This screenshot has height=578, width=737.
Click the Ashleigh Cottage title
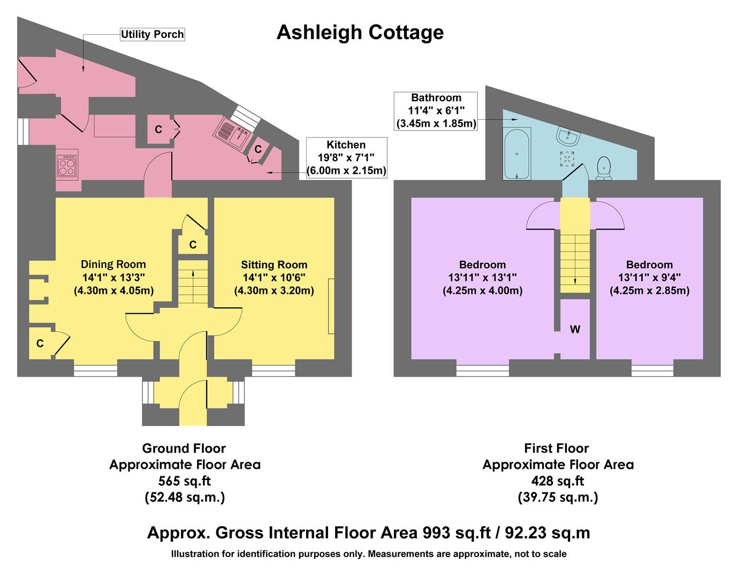[360, 33]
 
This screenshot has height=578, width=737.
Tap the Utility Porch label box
[152, 35]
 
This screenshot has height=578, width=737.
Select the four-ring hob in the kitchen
[67, 165]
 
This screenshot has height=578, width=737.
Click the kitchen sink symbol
[233, 134]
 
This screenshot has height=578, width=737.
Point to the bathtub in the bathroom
[517, 154]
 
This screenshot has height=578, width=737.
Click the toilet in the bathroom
[604, 167]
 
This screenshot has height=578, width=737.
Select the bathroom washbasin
[567, 137]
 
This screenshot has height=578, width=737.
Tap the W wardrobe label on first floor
[575, 330]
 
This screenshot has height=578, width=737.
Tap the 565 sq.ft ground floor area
[185, 481]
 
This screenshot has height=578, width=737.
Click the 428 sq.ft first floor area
[557, 481]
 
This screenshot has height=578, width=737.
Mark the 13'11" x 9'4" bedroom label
[649, 277]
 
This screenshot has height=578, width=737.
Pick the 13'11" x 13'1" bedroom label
[482, 277]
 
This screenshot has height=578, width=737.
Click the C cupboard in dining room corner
[40, 344]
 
